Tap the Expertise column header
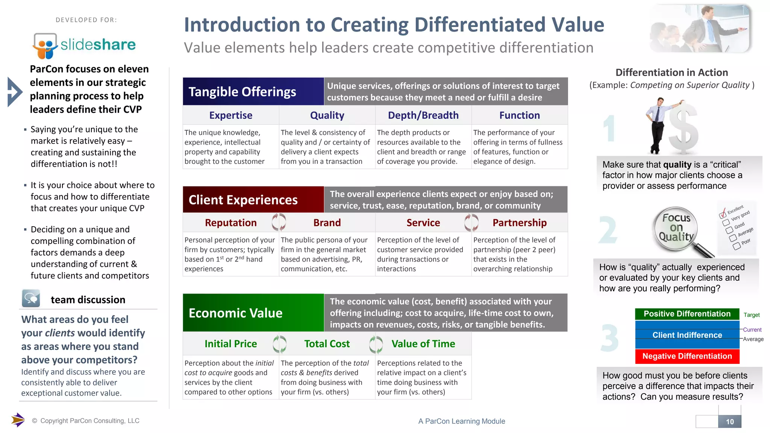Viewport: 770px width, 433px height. (x=230, y=115)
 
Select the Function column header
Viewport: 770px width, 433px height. (x=519, y=115)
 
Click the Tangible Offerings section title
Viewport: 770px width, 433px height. (x=243, y=92)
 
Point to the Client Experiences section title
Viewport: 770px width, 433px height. (x=243, y=200)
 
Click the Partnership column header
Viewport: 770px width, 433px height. (x=519, y=223)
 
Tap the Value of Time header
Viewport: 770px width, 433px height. (x=423, y=344)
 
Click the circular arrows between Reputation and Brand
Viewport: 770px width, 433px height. (x=279, y=222)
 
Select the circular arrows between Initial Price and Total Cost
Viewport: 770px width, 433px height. (x=279, y=344)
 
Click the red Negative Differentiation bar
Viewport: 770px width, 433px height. (x=687, y=356)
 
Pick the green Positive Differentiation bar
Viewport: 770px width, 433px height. (x=687, y=314)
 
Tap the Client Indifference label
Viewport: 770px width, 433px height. (x=687, y=335)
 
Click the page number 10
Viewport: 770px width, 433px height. (x=729, y=422)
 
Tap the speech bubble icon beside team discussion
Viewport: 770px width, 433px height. (x=31, y=299)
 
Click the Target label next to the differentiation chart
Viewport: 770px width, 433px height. (x=751, y=315)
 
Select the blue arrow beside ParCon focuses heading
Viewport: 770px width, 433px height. (x=14, y=92)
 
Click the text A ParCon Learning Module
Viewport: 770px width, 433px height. (x=461, y=421)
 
